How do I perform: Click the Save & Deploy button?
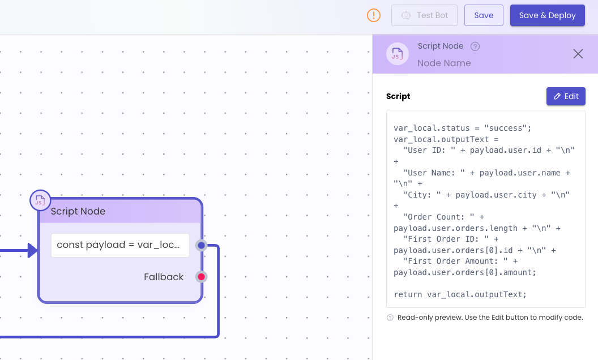click(x=547, y=15)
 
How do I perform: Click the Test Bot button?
click(x=424, y=15)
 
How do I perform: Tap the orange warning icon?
click(x=374, y=15)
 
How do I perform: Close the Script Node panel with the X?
click(x=578, y=54)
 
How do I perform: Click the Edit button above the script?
click(x=566, y=96)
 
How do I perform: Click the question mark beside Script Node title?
click(x=475, y=46)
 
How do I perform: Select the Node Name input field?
click(x=444, y=63)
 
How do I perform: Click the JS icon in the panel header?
click(x=398, y=54)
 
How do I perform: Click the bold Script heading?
click(x=398, y=96)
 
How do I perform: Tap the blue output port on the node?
click(x=202, y=245)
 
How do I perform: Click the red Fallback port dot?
click(x=202, y=277)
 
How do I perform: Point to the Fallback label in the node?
click(x=164, y=277)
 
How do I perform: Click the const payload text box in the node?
click(x=120, y=245)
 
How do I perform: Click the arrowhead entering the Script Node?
click(x=33, y=251)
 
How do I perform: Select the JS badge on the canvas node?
click(x=40, y=200)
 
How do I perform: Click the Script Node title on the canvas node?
click(x=78, y=211)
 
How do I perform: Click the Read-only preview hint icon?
click(x=390, y=318)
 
